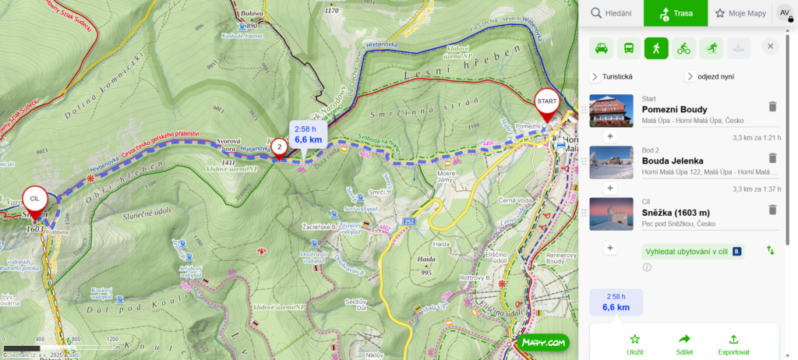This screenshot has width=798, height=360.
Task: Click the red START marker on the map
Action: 547,102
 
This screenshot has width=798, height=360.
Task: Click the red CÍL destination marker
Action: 34,199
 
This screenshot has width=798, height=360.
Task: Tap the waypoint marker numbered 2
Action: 279,146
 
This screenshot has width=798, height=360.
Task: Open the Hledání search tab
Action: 610,12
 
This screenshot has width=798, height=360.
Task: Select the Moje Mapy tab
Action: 740,12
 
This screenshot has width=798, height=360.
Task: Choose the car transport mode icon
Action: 602,48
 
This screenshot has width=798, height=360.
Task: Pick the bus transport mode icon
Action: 629,48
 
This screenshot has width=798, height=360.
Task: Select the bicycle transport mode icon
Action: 683,48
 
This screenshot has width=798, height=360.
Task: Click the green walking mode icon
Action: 656,48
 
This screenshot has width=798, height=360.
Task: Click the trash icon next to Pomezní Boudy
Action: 772,107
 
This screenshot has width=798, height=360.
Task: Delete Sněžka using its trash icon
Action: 772,210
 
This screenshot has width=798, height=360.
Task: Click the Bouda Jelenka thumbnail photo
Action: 611,162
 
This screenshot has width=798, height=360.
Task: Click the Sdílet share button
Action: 685,344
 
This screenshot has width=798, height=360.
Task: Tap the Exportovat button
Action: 733,344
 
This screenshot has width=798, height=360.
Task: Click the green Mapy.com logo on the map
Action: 542,342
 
